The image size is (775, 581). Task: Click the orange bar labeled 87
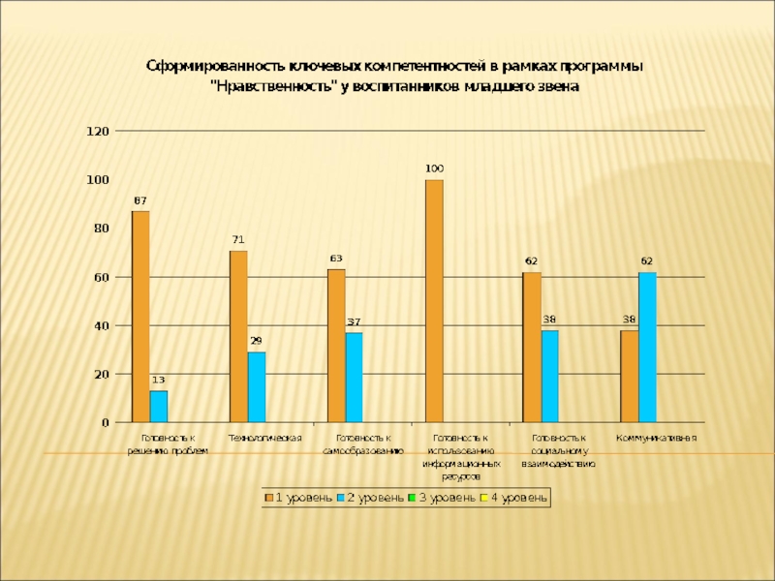pos(140,317)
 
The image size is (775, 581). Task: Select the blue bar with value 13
pos(159,407)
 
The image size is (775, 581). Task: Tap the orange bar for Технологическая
pos(238,336)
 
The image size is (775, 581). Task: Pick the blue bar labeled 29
pos(257,387)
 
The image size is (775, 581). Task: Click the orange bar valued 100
pos(434,301)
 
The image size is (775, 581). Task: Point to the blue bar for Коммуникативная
pos(648,348)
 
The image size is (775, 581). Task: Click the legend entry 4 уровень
pos(514,498)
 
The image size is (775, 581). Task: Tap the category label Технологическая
pos(264,439)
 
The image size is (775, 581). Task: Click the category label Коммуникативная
pos(657,439)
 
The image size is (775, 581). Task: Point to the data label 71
pos(237,239)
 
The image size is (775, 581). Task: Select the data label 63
pos(336,259)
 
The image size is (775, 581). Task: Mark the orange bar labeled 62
pos(532,348)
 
